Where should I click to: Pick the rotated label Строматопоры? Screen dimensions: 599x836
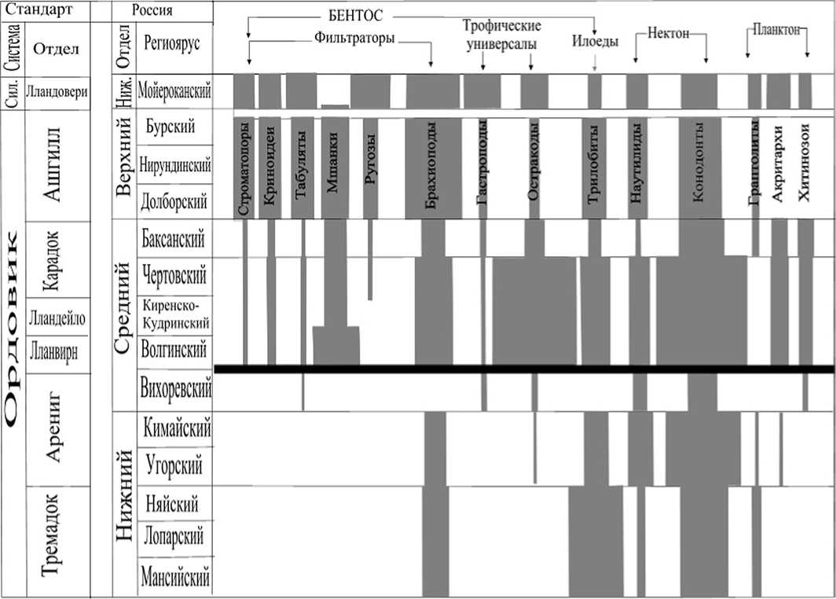tap(244, 167)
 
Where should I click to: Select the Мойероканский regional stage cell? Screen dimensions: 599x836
tap(174, 90)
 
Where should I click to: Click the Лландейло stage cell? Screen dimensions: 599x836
tap(56, 318)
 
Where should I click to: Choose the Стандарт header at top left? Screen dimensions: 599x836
tap(36, 10)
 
